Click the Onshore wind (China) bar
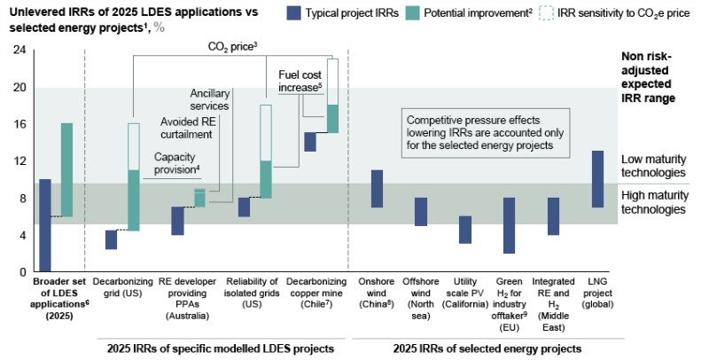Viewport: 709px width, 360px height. [377, 189]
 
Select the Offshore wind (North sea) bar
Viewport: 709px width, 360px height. [422, 212]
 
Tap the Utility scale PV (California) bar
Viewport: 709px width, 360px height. [465, 230]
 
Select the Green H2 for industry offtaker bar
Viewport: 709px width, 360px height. [509, 225]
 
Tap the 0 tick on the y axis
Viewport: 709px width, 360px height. [21, 272]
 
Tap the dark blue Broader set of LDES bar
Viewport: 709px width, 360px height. [45, 225]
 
